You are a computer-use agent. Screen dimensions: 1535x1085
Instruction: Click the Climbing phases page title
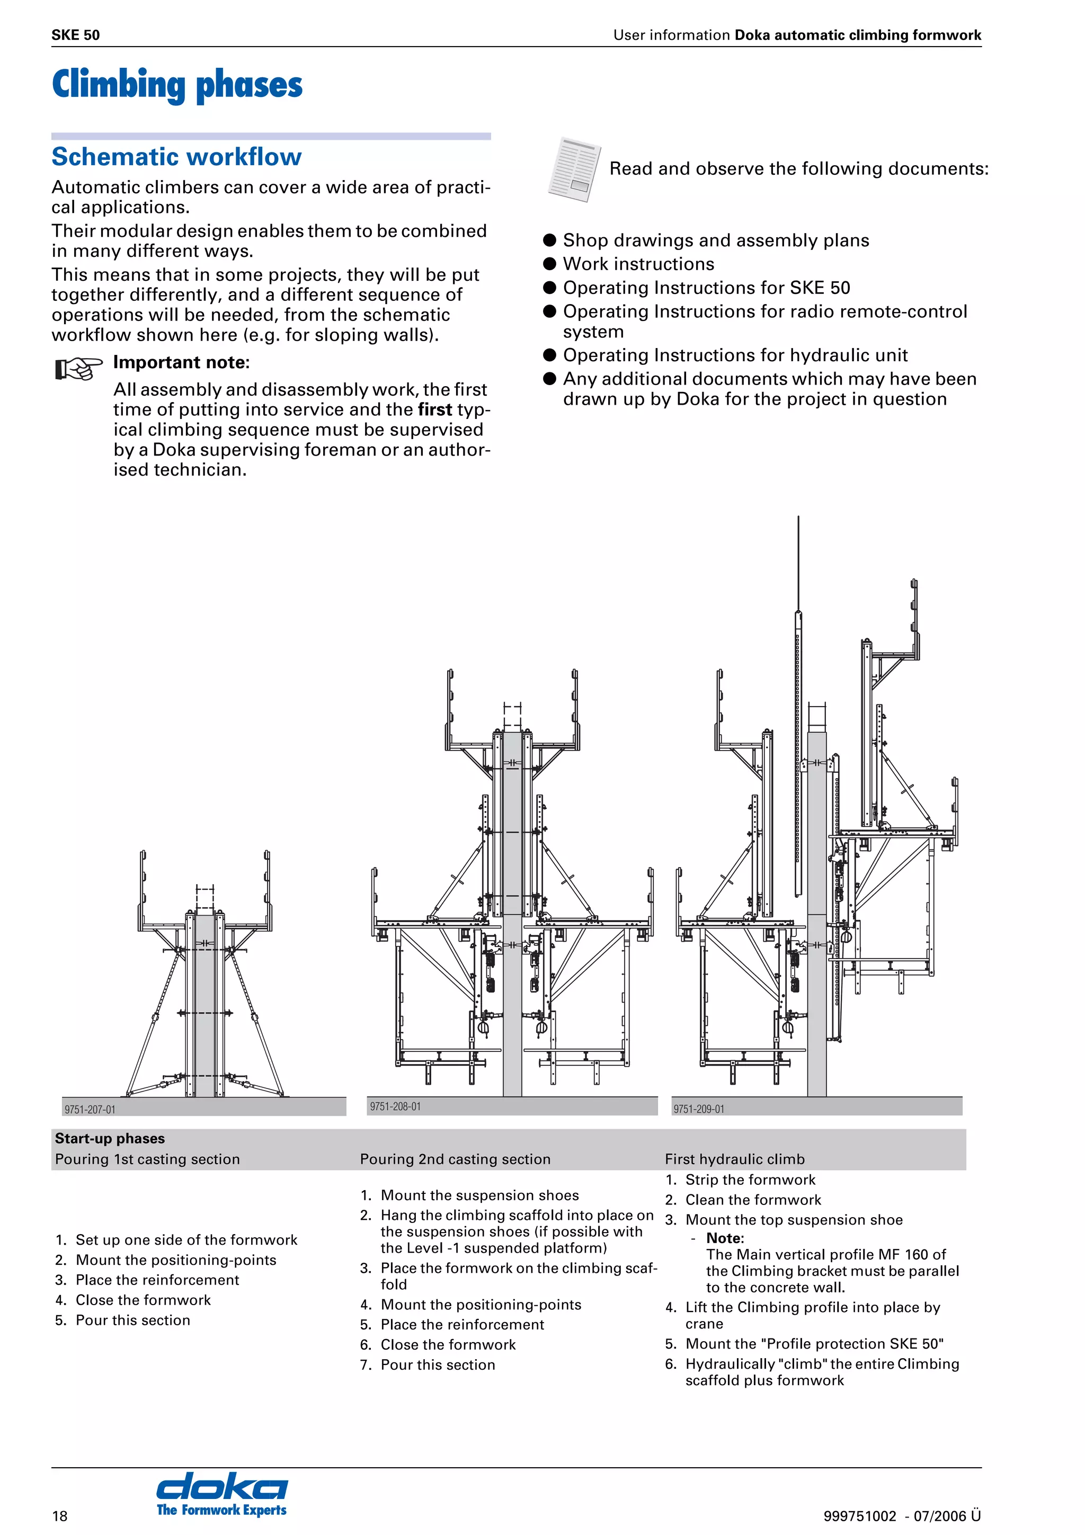pyautogui.click(x=177, y=85)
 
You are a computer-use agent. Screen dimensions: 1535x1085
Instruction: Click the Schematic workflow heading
pyautogui.click(x=176, y=157)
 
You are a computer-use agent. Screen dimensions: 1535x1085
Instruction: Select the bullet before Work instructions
pyautogui.click(x=549, y=264)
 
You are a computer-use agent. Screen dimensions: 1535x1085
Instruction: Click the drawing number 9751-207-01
pyautogui.click(x=90, y=1109)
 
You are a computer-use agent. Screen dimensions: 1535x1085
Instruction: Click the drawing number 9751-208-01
pyautogui.click(x=395, y=1106)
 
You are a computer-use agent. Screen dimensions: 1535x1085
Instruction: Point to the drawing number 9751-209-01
pyautogui.click(x=699, y=1109)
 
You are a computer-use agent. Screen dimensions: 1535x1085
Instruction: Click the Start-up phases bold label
pyautogui.click(x=110, y=1139)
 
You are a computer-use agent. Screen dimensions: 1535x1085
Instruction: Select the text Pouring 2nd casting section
pyautogui.click(x=455, y=1159)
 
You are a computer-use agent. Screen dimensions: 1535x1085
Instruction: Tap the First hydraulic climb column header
pyautogui.click(x=734, y=1159)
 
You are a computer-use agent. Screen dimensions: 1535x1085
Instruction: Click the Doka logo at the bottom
pyautogui.click(x=221, y=1493)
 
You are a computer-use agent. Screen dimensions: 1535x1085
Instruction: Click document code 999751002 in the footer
pyautogui.click(x=859, y=1516)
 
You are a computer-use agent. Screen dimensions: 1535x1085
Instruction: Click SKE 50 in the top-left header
pyautogui.click(x=76, y=35)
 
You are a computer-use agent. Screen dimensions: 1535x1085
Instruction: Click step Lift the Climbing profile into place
pyautogui.click(x=812, y=1307)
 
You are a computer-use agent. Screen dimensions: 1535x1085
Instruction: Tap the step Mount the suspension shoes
pyautogui.click(x=479, y=1195)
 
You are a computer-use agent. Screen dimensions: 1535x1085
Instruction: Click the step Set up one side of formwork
pyautogui.click(x=186, y=1240)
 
